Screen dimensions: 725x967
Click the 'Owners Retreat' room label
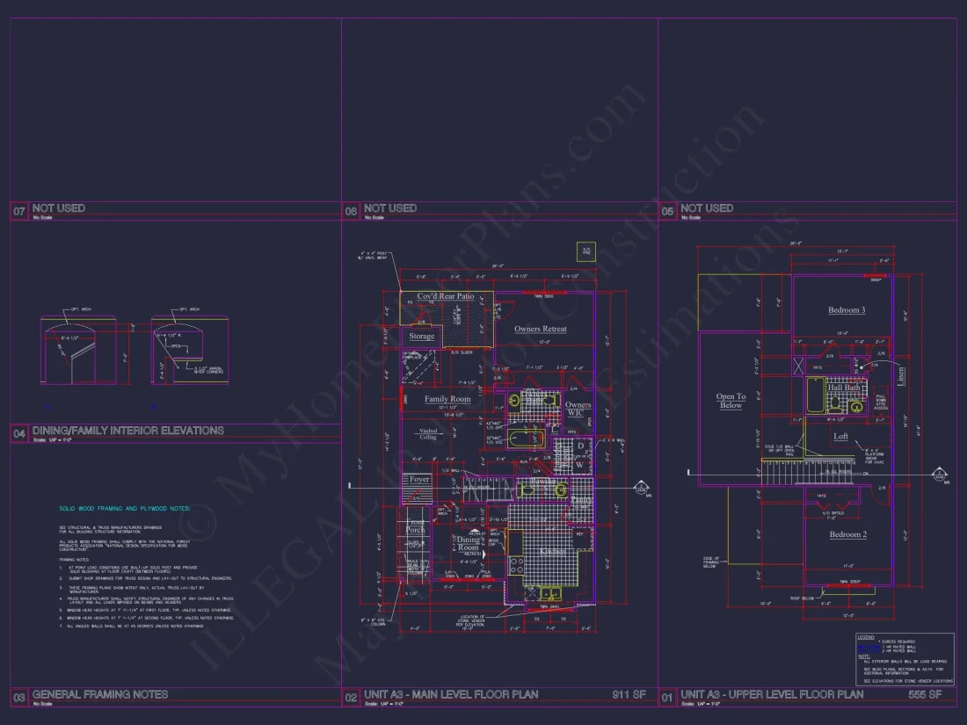tap(540, 330)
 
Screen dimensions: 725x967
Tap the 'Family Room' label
tap(447, 399)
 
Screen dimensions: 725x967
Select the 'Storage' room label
tap(421, 337)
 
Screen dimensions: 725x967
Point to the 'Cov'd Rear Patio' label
tap(446, 296)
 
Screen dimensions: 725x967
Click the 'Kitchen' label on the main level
tap(552, 550)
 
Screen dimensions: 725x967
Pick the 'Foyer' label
tap(419, 479)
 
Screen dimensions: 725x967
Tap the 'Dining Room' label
tap(469, 543)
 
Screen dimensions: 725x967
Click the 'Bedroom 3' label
tap(847, 310)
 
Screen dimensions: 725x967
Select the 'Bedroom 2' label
tap(847, 534)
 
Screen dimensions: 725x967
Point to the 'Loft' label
tap(840, 436)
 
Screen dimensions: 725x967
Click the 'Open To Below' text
tap(731, 401)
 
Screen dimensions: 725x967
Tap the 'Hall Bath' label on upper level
tap(844, 388)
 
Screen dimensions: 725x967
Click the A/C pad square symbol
tap(585, 250)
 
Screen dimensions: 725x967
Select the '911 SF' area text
tap(629, 694)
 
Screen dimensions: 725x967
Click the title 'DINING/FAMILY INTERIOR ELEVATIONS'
tap(128, 431)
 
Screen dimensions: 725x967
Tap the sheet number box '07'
tap(19, 211)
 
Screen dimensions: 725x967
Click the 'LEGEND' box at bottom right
tap(905, 658)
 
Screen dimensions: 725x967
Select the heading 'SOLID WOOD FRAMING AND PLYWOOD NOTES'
tap(124, 508)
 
